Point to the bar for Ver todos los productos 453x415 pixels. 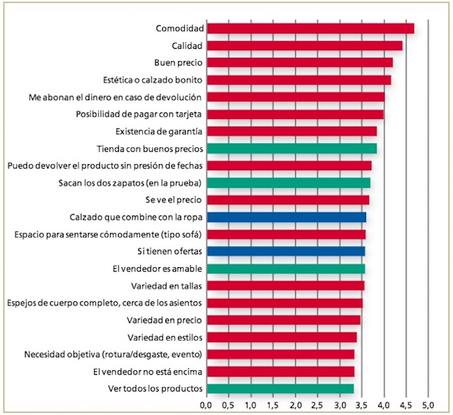pyautogui.click(x=280, y=389)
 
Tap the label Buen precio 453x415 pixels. pyautogui.click(x=179, y=62)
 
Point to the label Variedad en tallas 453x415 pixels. pyautogui.click(x=167, y=286)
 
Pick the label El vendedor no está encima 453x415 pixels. pyautogui.click(x=148, y=372)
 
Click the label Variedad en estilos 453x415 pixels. pyautogui.click(x=165, y=337)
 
